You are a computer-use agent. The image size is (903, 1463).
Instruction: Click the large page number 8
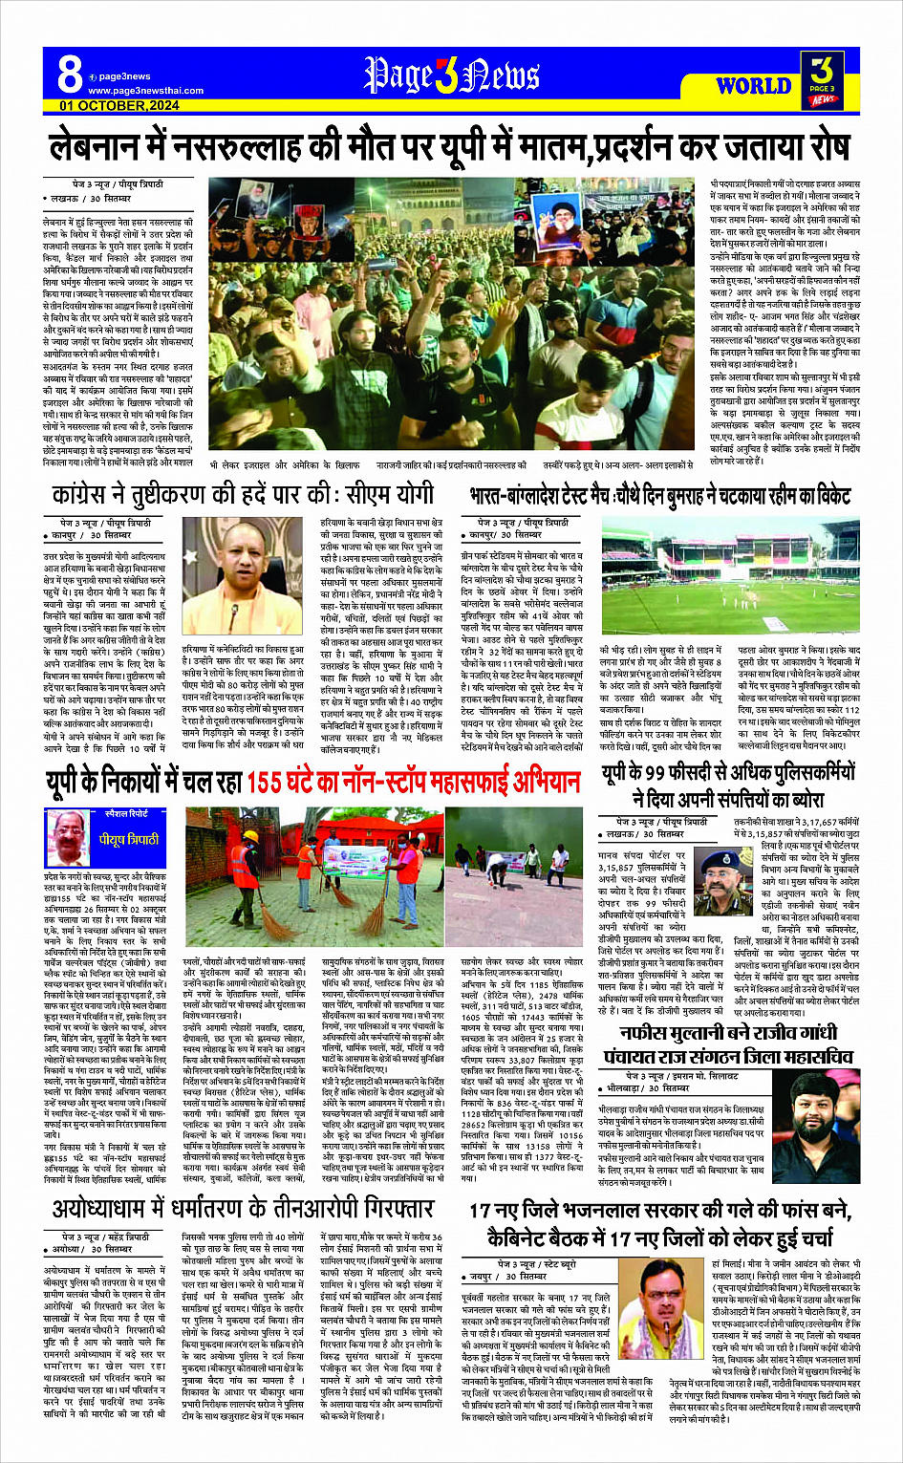click(x=70, y=75)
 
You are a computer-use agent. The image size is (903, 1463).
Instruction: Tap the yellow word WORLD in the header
click(x=753, y=86)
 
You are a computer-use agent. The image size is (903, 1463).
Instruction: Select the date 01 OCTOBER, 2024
click(x=119, y=105)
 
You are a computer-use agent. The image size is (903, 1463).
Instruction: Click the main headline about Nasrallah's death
click(x=450, y=147)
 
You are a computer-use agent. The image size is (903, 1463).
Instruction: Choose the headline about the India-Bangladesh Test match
click(x=659, y=496)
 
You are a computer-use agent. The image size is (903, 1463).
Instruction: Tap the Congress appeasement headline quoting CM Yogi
click(x=244, y=495)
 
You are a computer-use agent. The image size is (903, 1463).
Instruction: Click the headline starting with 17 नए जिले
click(x=659, y=1224)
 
